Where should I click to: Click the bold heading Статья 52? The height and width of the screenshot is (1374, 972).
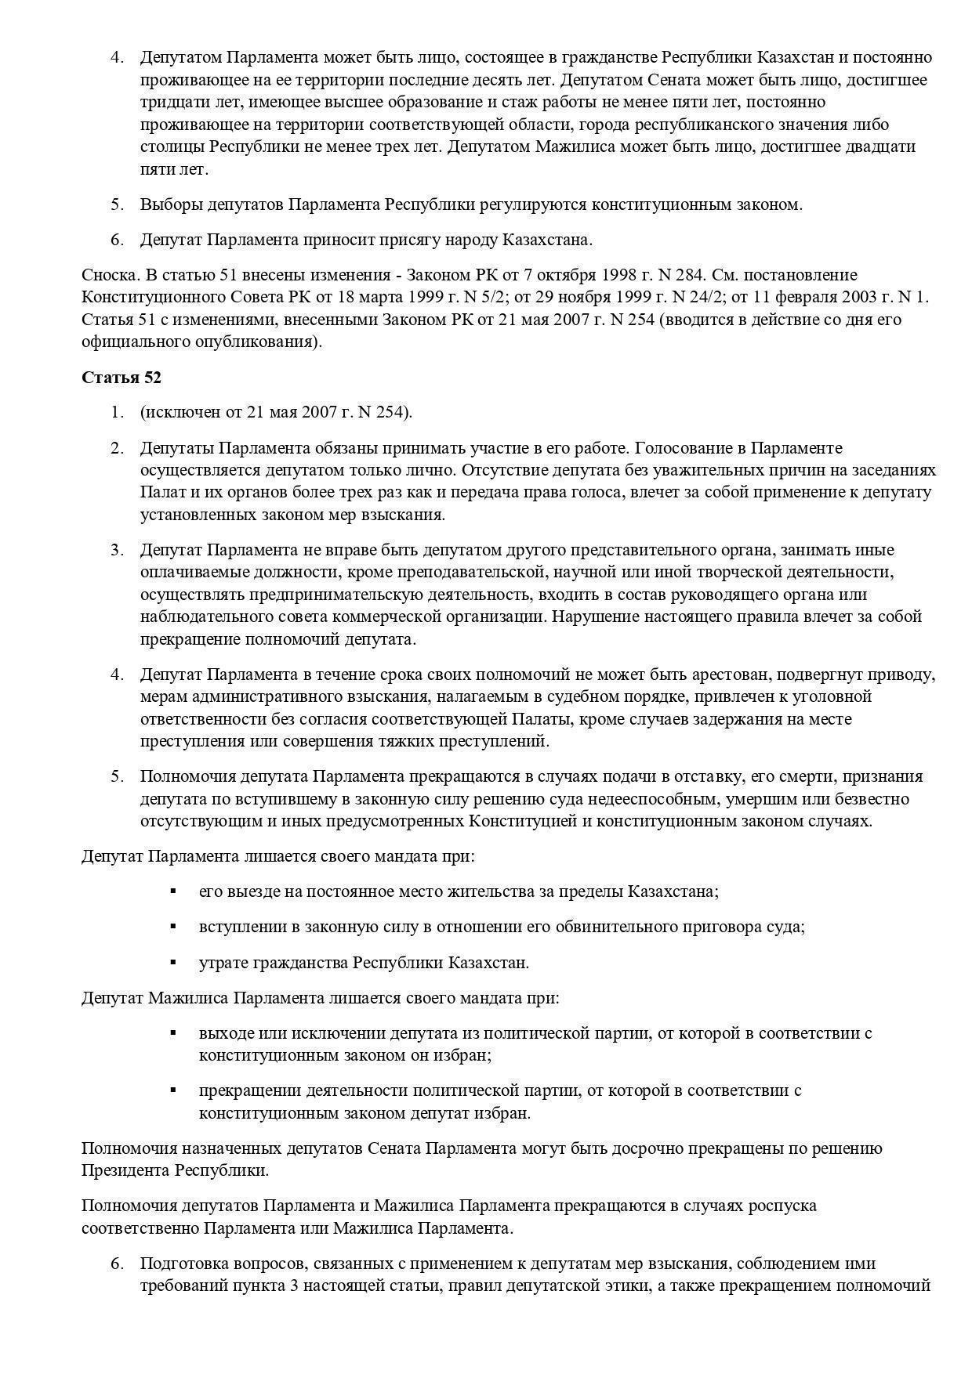click(121, 377)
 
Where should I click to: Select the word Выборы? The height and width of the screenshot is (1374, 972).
click(172, 204)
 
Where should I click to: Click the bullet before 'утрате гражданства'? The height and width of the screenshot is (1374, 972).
click(173, 962)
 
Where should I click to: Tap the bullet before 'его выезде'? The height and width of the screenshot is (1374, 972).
click(173, 891)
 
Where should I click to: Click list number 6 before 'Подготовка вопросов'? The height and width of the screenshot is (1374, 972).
click(117, 1264)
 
